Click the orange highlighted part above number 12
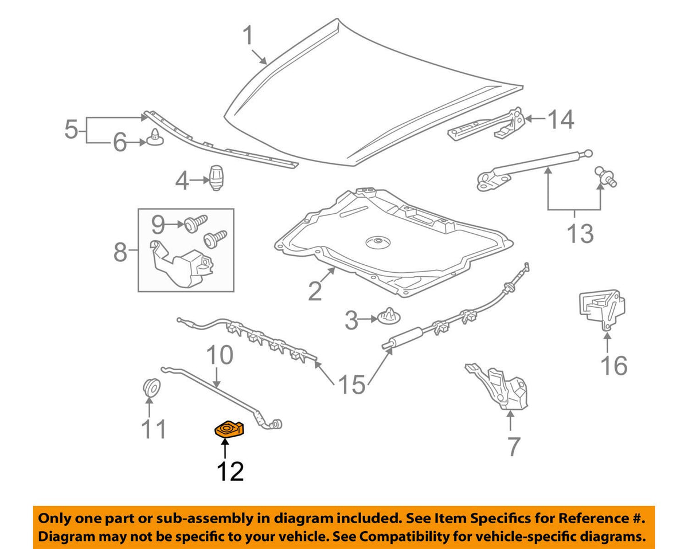(229, 429)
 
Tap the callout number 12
(230, 471)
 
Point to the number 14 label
(560, 120)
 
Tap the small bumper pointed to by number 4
(217, 178)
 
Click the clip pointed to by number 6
(154, 138)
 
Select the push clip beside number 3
(389, 316)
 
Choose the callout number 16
(613, 365)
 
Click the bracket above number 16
(600, 309)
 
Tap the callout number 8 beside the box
(120, 251)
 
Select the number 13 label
(580, 233)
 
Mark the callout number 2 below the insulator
(315, 292)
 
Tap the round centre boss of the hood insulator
(376, 243)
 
